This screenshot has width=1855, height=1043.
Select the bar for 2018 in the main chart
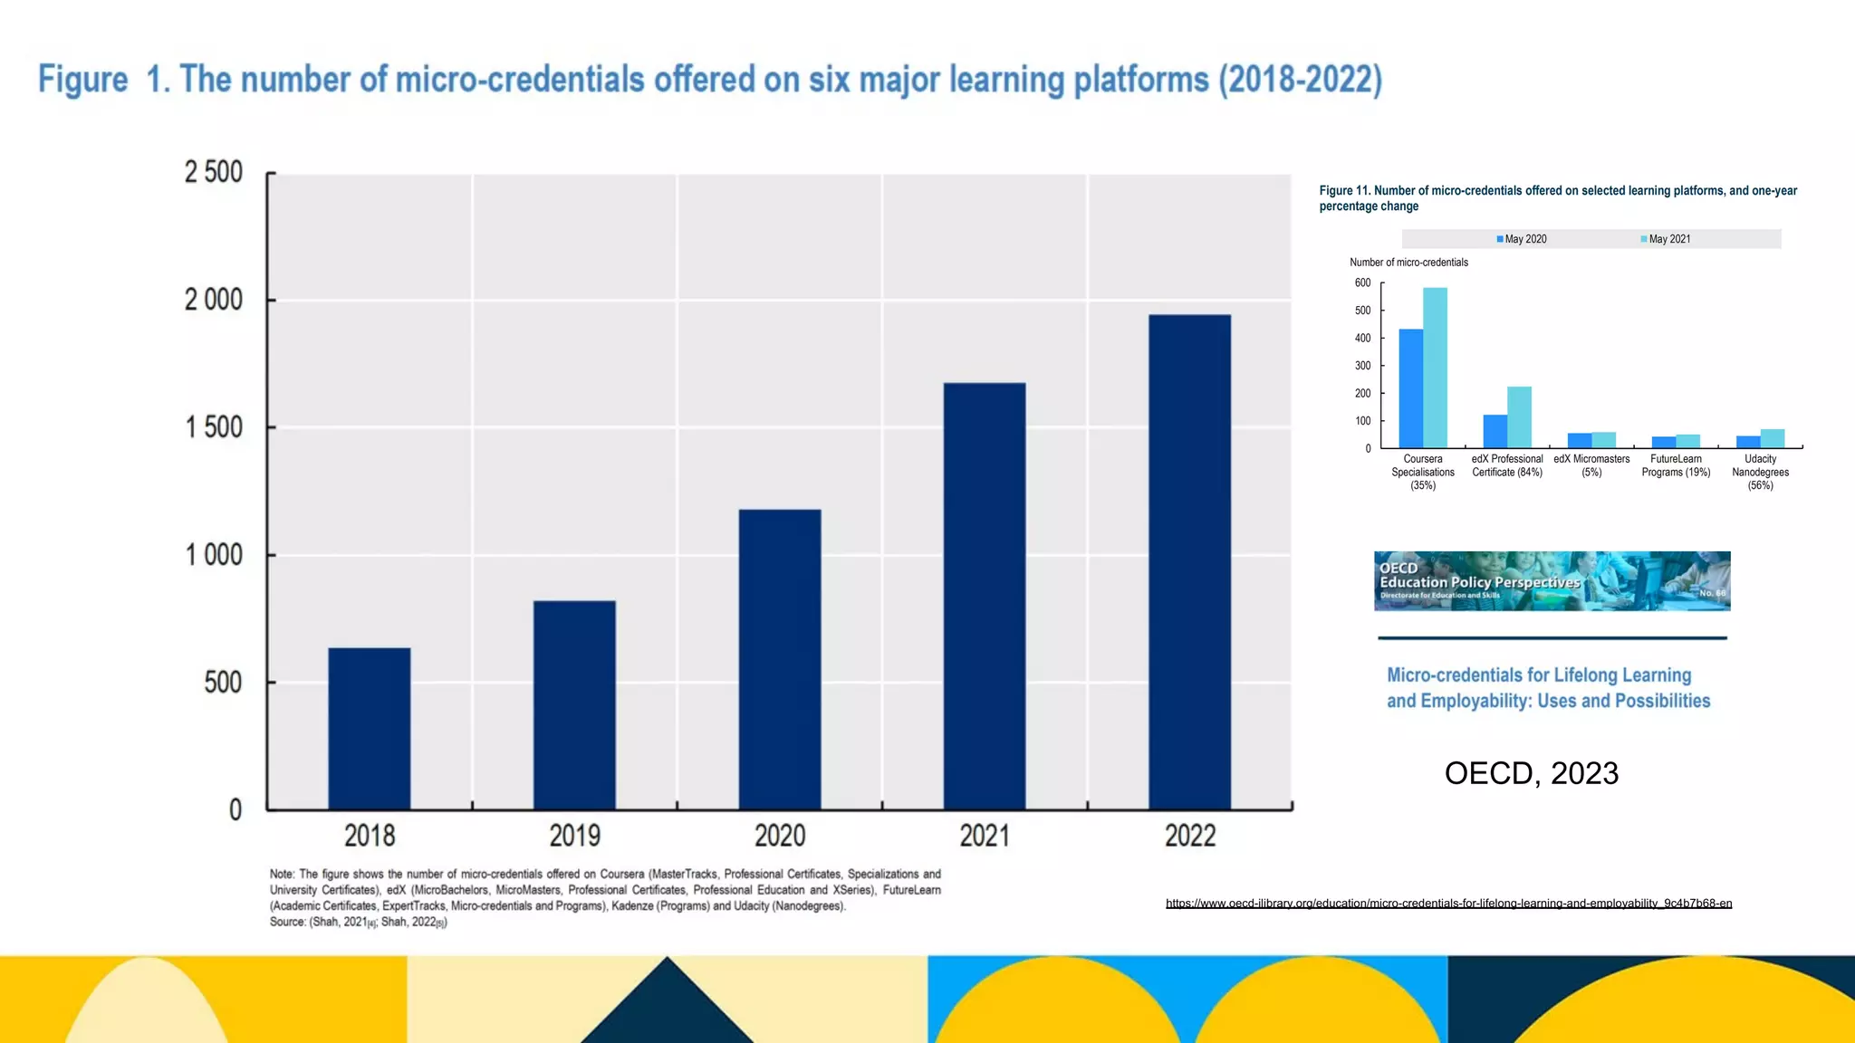tap(369, 728)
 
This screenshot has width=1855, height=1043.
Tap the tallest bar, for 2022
tap(1189, 561)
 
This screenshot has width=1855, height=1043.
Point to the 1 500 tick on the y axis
tap(215, 427)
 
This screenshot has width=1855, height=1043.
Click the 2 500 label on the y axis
tap(214, 172)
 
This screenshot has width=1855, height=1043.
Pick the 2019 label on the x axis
tap(574, 835)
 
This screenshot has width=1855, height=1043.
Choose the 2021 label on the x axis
tap(985, 835)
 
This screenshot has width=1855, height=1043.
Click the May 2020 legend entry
tap(1522, 239)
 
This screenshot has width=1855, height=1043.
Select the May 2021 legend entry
tap(1666, 239)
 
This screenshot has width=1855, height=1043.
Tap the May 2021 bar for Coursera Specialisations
tap(1435, 368)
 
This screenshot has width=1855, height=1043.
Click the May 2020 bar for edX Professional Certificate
tap(1495, 431)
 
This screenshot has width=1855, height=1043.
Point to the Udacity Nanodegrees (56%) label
tap(1760, 472)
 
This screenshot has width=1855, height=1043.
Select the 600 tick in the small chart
tap(1362, 283)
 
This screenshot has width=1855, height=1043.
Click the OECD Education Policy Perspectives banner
tap(1552, 581)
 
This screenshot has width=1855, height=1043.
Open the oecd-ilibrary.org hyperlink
tap(1448, 903)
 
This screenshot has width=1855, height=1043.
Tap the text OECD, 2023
tap(1531, 773)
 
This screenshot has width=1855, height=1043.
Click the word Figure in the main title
tap(83, 80)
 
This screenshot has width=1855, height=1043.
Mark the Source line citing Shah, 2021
tap(358, 922)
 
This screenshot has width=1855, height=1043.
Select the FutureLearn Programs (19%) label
tap(1676, 465)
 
